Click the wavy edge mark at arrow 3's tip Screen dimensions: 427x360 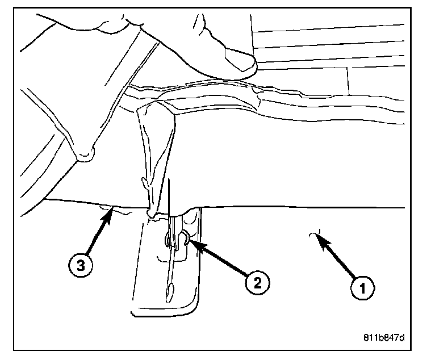pos(114,211)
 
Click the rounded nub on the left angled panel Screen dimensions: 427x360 pos(86,153)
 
